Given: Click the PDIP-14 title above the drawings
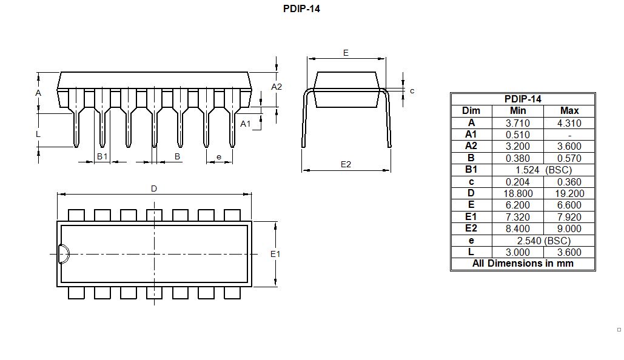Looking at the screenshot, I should coord(301,9).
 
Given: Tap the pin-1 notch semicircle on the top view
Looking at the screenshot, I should coord(63,253).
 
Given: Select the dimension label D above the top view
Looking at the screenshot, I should coord(154,188).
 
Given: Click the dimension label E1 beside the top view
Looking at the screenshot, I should coord(275,254).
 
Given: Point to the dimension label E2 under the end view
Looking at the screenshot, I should coord(346,164).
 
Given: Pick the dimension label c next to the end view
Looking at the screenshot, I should coord(412,91).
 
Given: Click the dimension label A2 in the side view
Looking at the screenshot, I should coord(277,87).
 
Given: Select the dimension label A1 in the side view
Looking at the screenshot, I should coord(246,124).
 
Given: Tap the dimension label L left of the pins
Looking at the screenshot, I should coord(38,134).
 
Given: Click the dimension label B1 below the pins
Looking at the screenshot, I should coord(102,156).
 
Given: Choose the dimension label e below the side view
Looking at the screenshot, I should coord(219,156).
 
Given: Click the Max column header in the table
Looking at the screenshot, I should coord(569,110).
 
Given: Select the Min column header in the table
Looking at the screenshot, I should coord(518,110).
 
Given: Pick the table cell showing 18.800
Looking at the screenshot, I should coord(518,193).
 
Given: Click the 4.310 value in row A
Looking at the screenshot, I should coord(569,122).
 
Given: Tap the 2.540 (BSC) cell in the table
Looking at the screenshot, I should coord(543,241).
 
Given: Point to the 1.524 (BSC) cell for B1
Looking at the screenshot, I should coord(543,170).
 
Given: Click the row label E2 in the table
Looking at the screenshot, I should coord(471,228).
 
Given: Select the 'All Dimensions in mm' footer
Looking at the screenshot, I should coord(523,264).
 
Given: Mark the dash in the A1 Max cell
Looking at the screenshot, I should coord(569,135).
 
